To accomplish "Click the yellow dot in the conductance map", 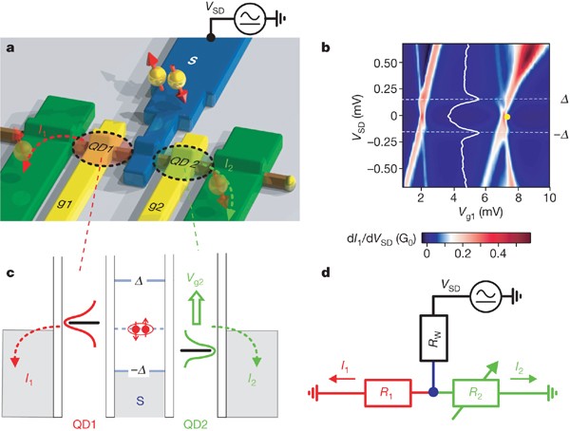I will tap(507, 117).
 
